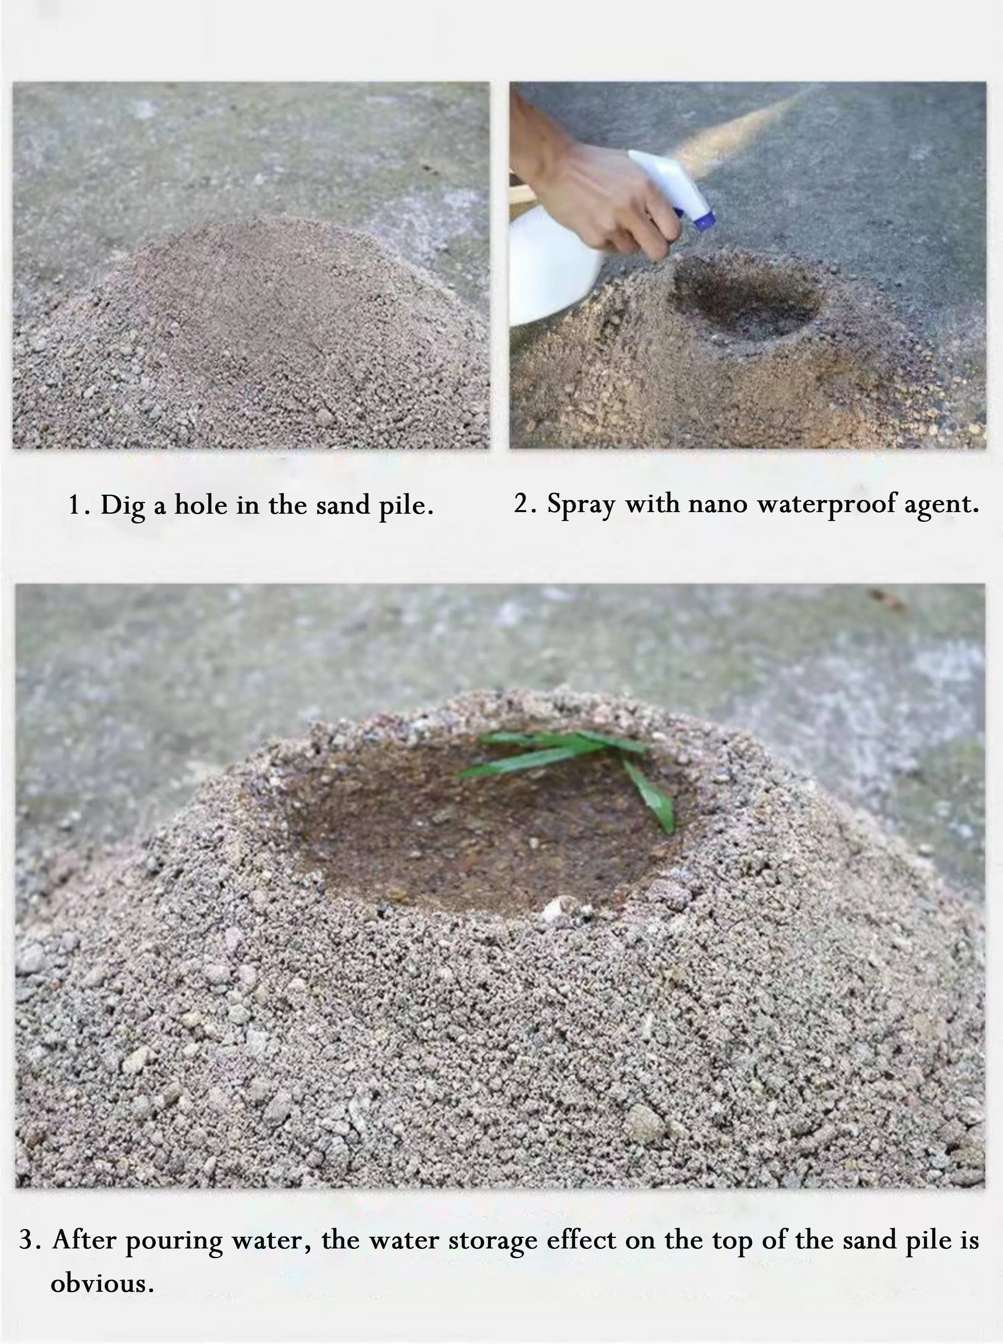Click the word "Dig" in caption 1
click(x=122, y=506)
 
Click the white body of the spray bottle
click(x=550, y=267)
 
